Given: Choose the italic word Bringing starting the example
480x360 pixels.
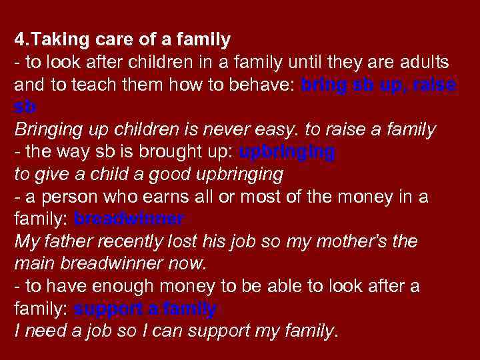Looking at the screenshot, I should tap(47, 130).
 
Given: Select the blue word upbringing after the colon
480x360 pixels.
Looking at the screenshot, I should tap(287, 152).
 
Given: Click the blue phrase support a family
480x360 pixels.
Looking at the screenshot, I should tap(145, 309).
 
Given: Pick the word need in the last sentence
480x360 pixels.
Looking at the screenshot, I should tap(43, 331).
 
